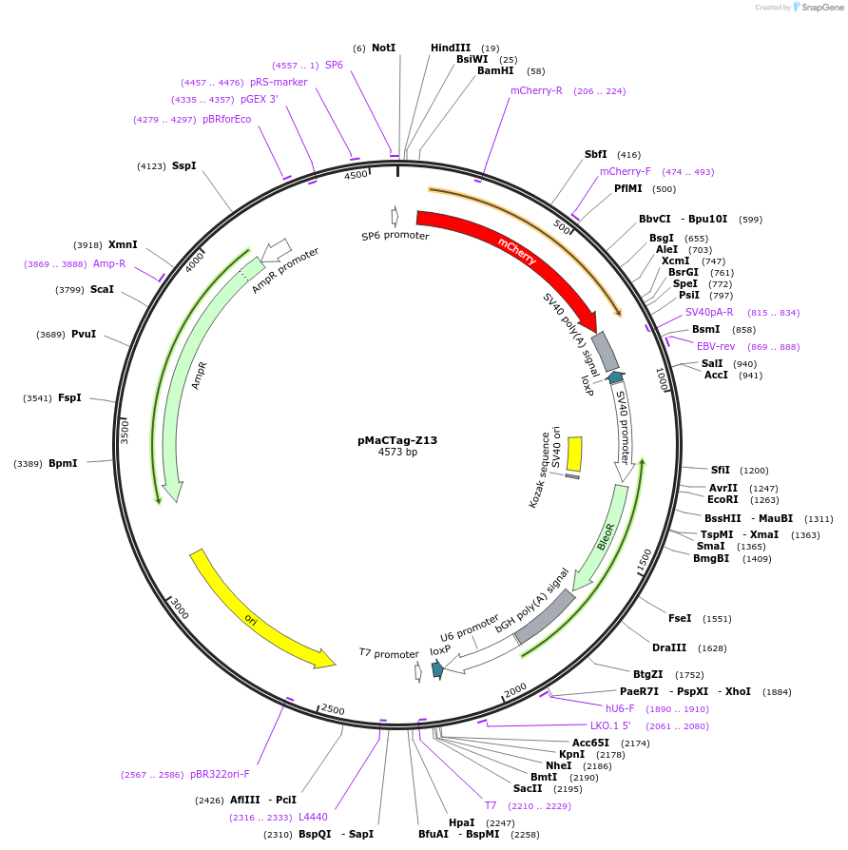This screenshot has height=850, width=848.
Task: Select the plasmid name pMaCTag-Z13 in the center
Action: coord(397,440)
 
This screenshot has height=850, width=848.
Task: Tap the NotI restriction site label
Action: coord(383,48)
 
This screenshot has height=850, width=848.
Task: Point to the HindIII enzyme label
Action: coord(451,48)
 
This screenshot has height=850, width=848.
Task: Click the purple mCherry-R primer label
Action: coord(536,91)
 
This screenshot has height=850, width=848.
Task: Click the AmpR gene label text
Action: coord(199,375)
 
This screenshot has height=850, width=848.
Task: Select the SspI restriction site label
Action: coord(183,165)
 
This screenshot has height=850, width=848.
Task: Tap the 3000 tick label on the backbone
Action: coord(180,609)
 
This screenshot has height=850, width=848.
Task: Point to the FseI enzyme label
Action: coord(680,618)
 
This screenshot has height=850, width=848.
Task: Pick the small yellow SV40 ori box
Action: coord(574,454)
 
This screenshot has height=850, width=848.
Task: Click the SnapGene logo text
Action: coord(822,8)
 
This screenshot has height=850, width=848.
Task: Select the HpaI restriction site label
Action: coord(461,822)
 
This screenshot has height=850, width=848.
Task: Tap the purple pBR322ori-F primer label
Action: coord(220,774)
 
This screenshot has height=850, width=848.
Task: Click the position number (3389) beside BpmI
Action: coord(28,464)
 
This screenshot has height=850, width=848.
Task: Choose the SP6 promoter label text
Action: coord(395,236)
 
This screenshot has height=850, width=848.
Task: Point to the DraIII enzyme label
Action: coord(669,647)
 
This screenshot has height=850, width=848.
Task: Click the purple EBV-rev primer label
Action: coord(716,346)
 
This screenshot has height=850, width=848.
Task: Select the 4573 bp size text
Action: coord(397,453)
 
